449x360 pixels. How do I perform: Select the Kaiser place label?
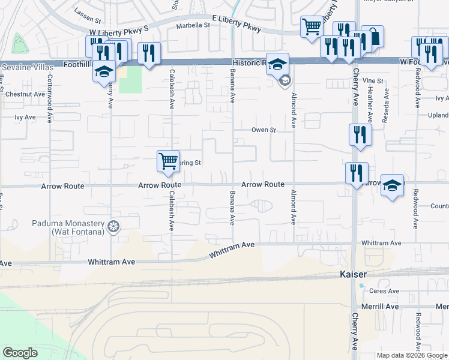pos(346,274)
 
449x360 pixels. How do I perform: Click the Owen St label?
pos(263,130)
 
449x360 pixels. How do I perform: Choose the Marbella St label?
pos(192,26)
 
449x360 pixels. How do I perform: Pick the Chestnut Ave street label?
pos(25,94)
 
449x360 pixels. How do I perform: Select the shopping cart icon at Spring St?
pos(169,160)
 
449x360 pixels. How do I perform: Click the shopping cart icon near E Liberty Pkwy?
pos(312,26)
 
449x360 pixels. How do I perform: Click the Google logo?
pos(20,353)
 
